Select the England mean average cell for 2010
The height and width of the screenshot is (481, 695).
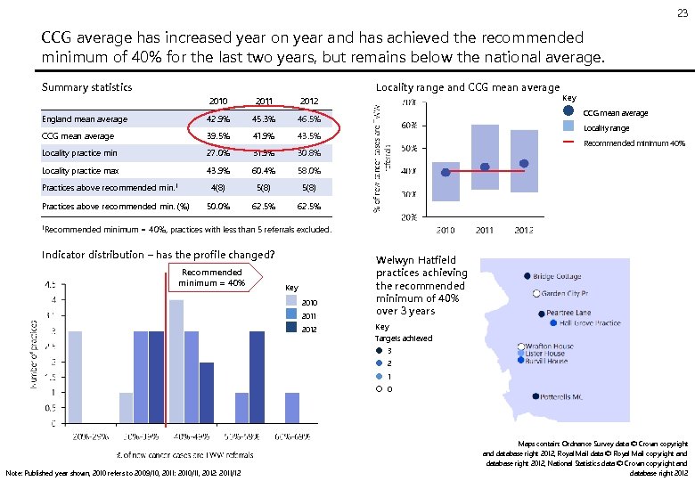coord(217,119)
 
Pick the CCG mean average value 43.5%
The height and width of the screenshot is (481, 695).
coord(308,136)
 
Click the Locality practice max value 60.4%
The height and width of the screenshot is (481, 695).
coord(264,170)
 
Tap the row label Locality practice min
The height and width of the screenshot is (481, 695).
coord(79,153)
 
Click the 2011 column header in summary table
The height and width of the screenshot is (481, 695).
coord(264,102)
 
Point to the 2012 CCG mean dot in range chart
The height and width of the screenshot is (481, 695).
coord(524,163)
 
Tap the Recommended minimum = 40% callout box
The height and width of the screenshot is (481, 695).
coord(211,277)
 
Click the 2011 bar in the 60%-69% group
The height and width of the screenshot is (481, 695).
coord(291,408)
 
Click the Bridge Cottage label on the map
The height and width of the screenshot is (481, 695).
coord(558,277)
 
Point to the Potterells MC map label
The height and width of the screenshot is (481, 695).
coord(565,396)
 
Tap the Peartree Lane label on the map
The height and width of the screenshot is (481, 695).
coord(568,314)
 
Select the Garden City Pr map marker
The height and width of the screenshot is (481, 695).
coord(536,293)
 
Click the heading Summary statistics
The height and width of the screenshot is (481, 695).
coord(87,87)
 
